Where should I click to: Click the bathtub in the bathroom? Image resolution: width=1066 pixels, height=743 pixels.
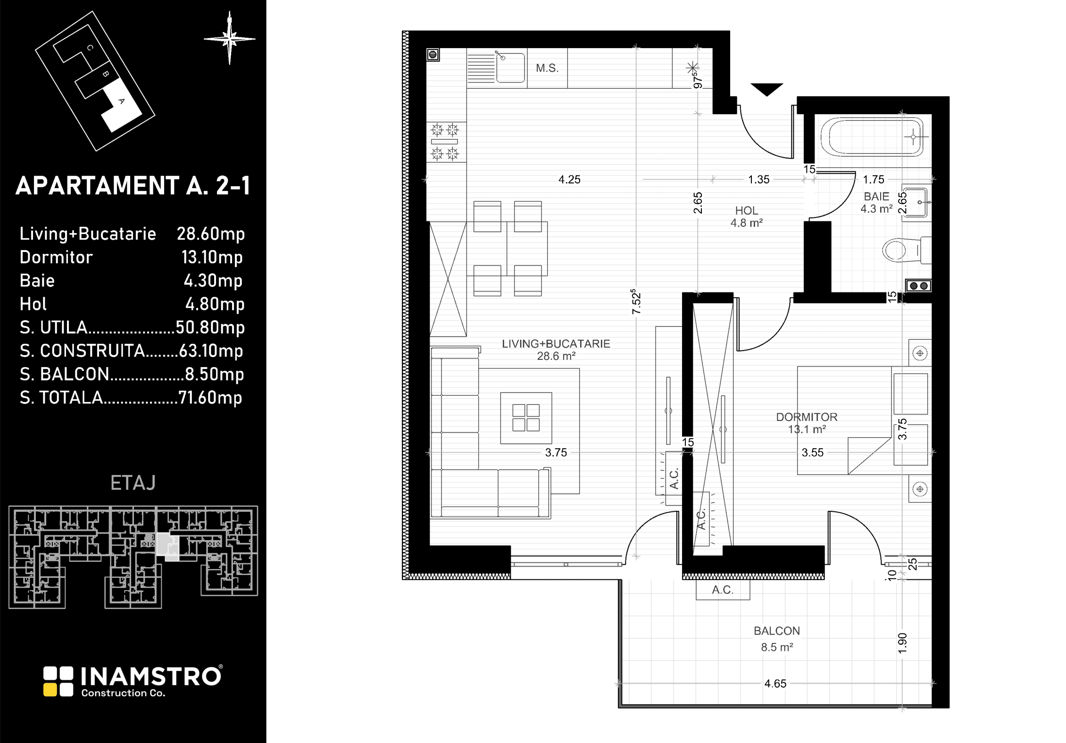(x=872, y=137)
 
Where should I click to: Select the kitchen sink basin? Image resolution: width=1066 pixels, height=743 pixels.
(x=510, y=68)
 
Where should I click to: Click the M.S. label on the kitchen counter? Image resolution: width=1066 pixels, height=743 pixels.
(x=547, y=68)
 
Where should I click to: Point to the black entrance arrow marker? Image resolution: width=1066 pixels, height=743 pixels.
(x=767, y=89)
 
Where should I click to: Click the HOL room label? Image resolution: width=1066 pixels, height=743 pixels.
(x=747, y=211)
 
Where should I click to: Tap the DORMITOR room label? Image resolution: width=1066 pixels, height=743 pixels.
(x=807, y=417)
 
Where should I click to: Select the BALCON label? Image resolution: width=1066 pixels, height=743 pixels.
(x=777, y=631)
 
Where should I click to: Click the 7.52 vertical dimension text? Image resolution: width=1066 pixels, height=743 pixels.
(x=636, y=301)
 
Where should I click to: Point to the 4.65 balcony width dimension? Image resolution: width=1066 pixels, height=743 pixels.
(x=775, y=684)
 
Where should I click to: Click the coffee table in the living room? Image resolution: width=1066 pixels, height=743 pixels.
(x=526, y=418)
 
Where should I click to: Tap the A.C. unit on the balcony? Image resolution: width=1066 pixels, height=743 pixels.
(x=723, y=590)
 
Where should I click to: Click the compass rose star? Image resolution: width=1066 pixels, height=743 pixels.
(x=230, y=39)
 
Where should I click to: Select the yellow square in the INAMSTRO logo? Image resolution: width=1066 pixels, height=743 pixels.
(x=50, y=690)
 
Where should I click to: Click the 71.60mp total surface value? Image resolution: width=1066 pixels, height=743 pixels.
(x=210, y=398)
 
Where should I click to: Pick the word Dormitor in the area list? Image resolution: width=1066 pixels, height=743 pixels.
(x=56, y=257)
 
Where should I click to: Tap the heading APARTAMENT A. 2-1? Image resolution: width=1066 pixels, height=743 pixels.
(x=133, y=185)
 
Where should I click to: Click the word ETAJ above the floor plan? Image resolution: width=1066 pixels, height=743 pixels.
(x=133, y=483)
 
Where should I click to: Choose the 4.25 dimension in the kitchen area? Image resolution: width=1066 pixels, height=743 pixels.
(x=569, y=179)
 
